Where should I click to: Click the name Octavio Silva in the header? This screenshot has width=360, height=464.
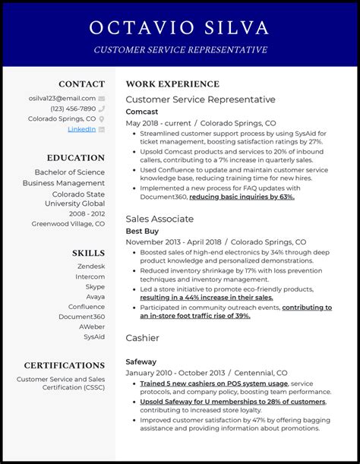[x=179, y=28]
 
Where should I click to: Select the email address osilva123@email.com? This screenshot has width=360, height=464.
[x=63, y=98]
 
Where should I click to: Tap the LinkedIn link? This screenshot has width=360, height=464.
[x=81, y=129]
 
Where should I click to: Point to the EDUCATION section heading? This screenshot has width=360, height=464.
[x=75, y=158]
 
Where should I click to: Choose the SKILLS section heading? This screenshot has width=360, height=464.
[x=88, y=252]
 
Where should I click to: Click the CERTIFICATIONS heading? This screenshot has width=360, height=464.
[x=65, y=365]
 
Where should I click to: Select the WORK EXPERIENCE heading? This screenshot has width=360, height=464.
[x=172, y=84]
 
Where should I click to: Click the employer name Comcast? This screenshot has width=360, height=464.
[x=142, y=111]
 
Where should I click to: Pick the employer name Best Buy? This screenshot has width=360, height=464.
[x=142, y=230]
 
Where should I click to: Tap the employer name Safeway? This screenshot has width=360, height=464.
[x=141, y=361]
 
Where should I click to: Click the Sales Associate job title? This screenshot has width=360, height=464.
[x=159, y=219]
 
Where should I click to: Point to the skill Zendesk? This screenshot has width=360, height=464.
[x=91, y=266]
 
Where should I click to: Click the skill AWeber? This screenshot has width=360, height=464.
[x=92, y=327]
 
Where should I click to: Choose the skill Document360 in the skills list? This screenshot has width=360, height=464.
[x=82, y=317]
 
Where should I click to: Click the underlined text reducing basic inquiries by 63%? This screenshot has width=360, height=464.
[x=242, y=197]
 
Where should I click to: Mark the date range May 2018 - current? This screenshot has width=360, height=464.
[x=157, y=123]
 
